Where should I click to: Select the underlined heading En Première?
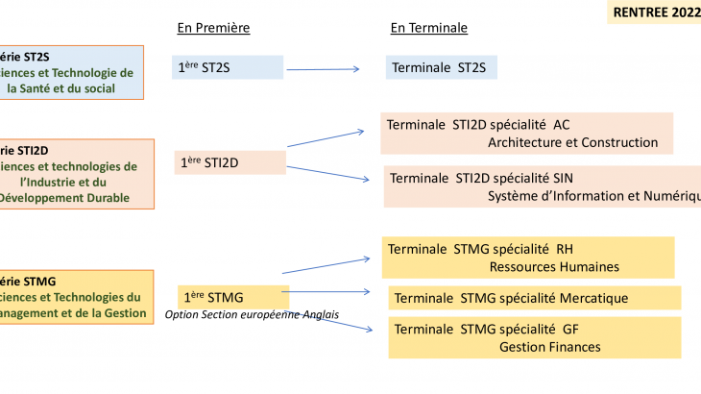pos(213,28)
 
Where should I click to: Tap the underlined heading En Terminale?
pos(428,28)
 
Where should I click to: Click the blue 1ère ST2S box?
pos(228,67)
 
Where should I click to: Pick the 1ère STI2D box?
pos(230,162)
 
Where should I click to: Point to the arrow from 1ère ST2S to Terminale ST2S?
pos(323,68)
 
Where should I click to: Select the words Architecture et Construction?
pos(572,142)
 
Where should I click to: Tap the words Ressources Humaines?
pos(554,266)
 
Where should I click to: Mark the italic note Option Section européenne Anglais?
pos(252,314)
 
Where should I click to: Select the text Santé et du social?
pos(74,88)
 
